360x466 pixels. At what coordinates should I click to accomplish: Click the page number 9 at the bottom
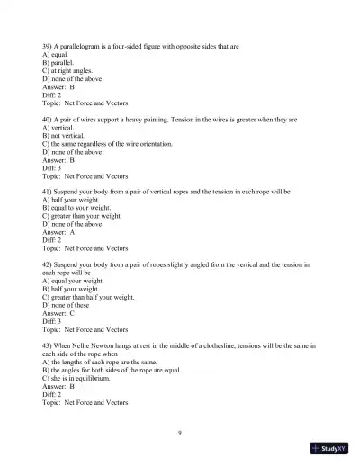point(180,433)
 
